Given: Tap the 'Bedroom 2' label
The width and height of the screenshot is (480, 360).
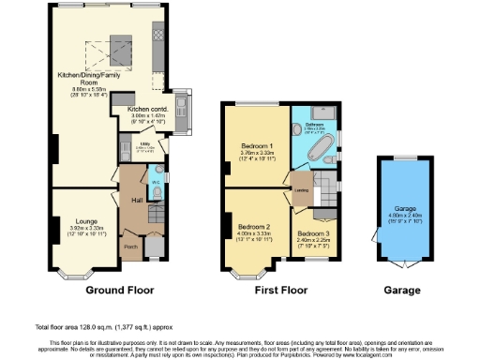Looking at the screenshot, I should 253,227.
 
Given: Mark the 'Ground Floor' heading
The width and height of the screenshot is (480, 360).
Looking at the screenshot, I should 119,292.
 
